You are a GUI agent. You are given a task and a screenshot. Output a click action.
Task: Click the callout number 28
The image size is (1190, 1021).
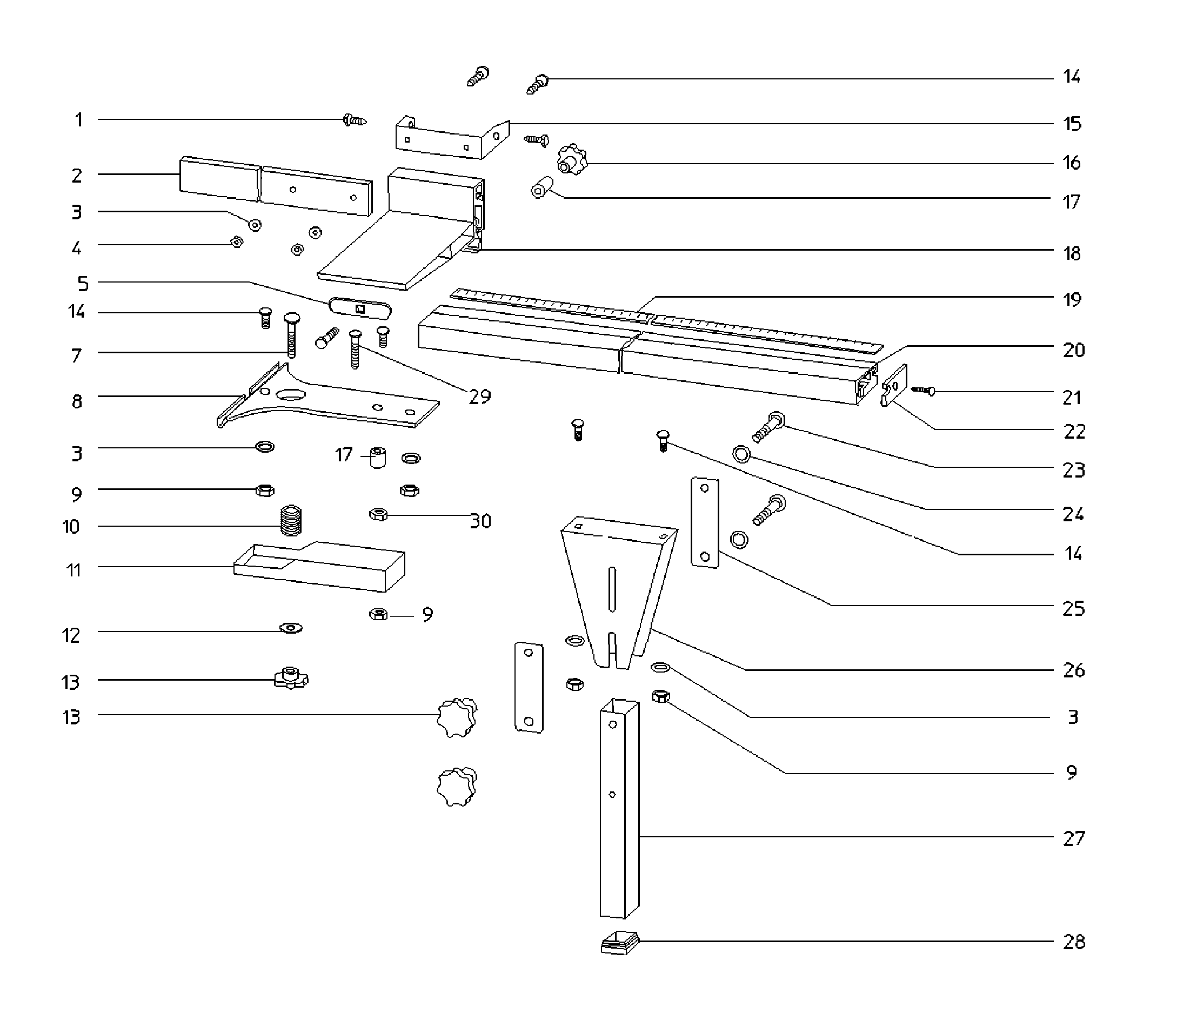pos(1073,942)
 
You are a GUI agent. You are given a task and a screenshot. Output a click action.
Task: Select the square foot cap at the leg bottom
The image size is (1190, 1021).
pos(619,942)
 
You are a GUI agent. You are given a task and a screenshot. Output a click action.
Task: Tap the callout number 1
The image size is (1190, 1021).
pos(79,120)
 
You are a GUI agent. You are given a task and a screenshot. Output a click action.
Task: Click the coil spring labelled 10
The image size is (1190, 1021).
pos(292,520)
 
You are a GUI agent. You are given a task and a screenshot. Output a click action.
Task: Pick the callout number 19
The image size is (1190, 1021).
pos(1072,299)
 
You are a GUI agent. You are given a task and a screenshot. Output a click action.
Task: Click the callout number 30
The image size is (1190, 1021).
pos(480,521)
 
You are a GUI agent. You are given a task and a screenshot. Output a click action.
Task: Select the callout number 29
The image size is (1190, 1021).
pos(479,396)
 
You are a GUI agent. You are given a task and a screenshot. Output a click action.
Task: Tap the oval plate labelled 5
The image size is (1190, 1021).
pos(360,308)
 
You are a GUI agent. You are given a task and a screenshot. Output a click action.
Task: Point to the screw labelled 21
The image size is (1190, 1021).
pos(923,391)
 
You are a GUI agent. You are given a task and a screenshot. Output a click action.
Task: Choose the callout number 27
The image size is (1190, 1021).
pos(1073,838)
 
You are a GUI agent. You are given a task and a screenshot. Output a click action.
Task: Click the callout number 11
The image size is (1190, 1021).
pos(73,570)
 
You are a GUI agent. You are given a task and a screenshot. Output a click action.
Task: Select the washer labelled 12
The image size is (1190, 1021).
pos(291,628)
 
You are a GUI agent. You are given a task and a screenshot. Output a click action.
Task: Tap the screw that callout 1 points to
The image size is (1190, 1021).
pos(355,120)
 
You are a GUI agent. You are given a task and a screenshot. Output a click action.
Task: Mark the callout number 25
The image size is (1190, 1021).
pos(1073,608)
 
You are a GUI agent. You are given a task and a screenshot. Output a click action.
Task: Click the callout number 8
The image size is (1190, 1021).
pos(76,401)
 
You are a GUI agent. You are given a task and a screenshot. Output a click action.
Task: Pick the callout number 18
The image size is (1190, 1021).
pos(1072,253)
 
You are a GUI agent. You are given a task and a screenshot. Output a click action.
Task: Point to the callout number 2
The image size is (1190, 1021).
pos(76,176)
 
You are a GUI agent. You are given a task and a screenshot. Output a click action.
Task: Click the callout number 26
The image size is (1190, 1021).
pos(1073,670)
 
